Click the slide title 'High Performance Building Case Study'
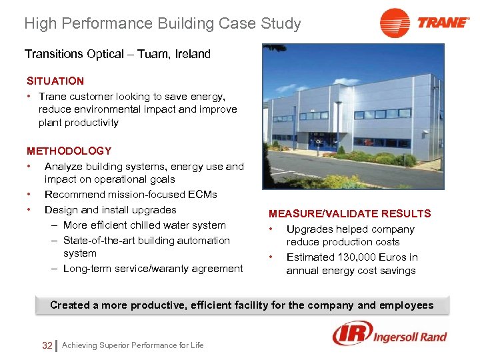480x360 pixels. pos(162,24)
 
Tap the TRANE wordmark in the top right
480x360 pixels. pos(443,23)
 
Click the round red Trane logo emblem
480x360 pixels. pos(395,23)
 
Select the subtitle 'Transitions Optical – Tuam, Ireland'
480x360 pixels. pos(117,54)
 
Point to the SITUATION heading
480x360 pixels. pos(55,81)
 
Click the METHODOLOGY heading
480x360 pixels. pos(69,151)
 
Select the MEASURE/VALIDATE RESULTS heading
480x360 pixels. pos(349,213)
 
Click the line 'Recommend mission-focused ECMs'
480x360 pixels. pos(131,195)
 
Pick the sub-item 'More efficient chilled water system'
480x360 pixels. pos(144,225)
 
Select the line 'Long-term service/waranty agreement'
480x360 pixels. pos(153,269)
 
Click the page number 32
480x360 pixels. pos(47,345)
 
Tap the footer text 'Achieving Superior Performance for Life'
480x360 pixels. pos(133,345)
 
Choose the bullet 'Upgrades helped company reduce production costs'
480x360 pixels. pos(350,235)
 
